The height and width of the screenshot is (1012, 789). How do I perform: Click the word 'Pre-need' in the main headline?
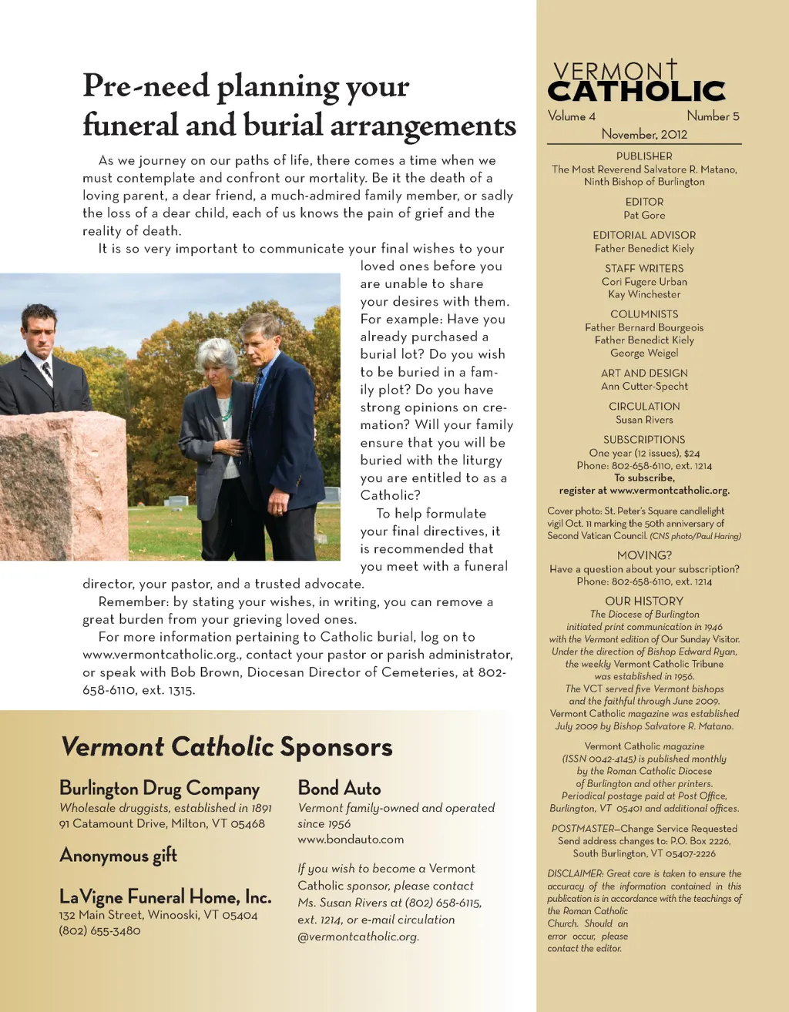[146, 86]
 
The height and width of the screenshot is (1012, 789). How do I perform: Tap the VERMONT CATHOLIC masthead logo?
[637, 83]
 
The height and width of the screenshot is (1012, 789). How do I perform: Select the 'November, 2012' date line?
[644, 134]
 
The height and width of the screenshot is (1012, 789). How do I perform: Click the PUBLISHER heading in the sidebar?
[644, 156]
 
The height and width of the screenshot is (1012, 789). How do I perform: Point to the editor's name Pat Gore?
[644, 215]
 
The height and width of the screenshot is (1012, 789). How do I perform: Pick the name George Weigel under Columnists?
[644, 353]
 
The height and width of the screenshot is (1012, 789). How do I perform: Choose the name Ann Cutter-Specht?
[644, 386]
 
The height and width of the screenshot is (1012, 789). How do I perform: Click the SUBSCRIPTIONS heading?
[644, 440]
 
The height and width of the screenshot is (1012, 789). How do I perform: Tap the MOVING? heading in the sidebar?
[644, 555]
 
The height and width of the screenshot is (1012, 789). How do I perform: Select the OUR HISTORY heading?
[644, 601]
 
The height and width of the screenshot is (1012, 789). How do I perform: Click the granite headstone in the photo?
[62, 485]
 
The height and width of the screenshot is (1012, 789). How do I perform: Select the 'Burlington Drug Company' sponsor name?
[159, 789]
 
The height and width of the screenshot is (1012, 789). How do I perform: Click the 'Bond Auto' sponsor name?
[339, 788]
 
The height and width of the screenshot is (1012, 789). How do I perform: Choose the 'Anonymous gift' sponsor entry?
[118, 856]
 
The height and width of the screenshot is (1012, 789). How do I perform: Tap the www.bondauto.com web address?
[351, 839]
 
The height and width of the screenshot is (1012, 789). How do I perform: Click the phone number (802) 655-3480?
[99, 930]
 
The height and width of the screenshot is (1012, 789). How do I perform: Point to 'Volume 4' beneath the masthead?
[572, 116]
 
